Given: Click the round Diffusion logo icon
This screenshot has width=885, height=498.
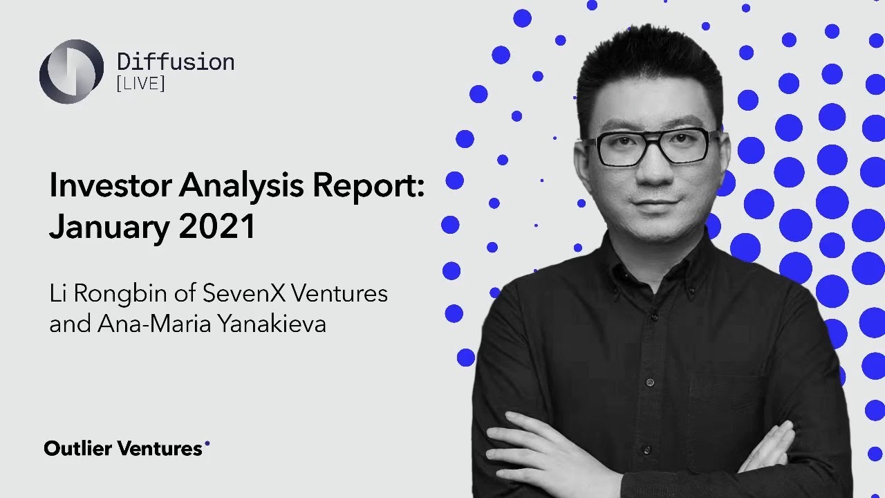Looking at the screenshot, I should tap(71, 71).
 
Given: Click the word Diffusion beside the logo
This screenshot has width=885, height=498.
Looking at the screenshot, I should tap(176, 62).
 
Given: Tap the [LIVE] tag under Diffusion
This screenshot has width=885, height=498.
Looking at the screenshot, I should tap(141, 84).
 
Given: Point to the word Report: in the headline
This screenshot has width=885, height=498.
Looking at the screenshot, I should tap(371, 186).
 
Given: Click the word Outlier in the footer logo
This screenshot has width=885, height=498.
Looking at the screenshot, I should tap(78, 448).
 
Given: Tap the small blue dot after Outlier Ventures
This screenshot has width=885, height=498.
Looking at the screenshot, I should tap(207, 443).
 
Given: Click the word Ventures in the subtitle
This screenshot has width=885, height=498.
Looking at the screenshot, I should tap(339, 293).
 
